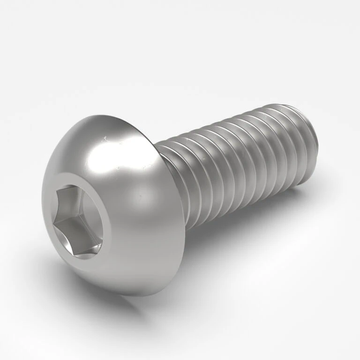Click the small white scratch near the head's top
click(107, 138)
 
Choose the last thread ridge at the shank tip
click(307, 141)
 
